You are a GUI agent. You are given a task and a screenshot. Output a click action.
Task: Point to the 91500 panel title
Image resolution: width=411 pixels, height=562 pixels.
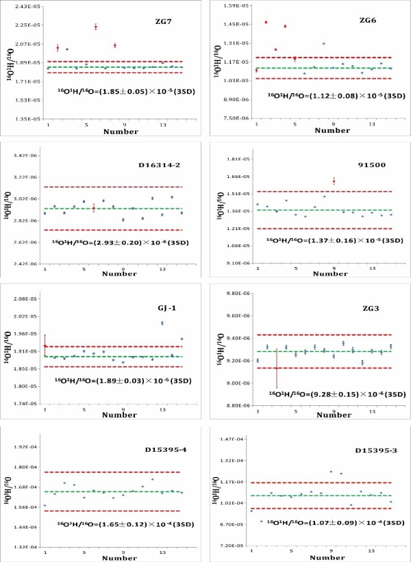pyautogui.click(x=373, y=164)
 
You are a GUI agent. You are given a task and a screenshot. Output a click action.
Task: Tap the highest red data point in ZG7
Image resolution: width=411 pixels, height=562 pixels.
pyautogui.click(x=95, y=27)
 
